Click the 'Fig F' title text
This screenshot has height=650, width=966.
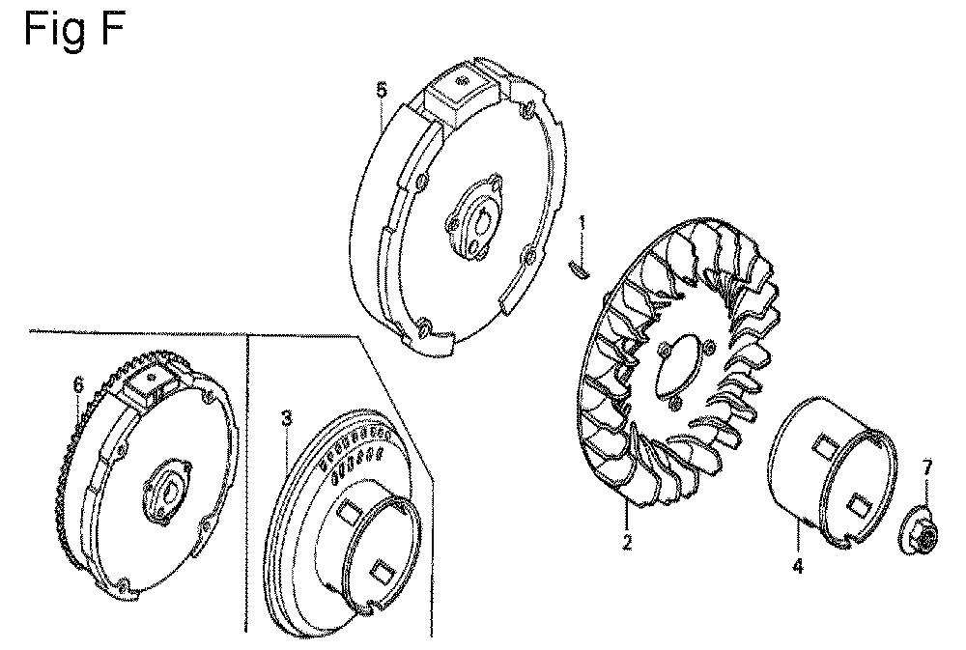[x=74, y=28]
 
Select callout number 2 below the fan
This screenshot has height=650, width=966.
[x=627, y=542]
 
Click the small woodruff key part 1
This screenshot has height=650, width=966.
[x=579, y=268]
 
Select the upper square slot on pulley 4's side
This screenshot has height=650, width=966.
[x=824, y=445]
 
